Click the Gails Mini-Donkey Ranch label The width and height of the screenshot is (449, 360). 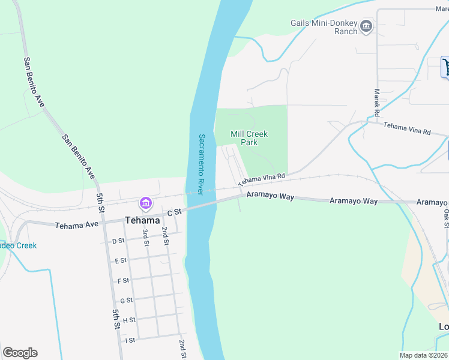coord(324,27)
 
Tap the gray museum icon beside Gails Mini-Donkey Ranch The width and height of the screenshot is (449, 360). coord(366,26)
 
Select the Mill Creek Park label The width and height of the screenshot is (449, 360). coord(249,138)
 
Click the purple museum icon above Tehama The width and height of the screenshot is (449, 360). coord(145,204)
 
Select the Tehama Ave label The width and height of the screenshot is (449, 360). coord(76,226)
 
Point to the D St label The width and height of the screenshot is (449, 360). coord(118,241)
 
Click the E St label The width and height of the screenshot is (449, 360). coord(121,261)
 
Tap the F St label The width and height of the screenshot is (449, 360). coord(123,281)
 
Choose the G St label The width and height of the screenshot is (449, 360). coord(126,301)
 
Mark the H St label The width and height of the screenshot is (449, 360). coord(128,320)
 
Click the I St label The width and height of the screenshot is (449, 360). coord(130,340)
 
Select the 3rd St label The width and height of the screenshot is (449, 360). coord(145,238)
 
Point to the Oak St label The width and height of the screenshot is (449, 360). coord(446,218)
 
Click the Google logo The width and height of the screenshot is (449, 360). coord(20,353)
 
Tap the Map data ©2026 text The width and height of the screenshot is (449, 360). coord(423,355)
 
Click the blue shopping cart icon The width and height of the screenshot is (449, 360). coord(445,66)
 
